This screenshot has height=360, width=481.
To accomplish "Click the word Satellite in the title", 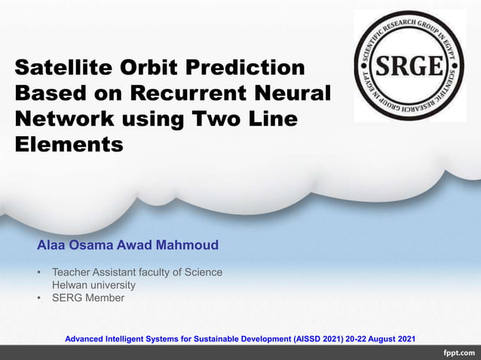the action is [x=63, y=67].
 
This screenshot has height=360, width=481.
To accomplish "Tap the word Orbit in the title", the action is [x=149, y=67].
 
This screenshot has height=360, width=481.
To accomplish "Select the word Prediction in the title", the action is [x=246, y=67].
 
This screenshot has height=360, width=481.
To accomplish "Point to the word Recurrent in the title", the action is [x=188, y=93].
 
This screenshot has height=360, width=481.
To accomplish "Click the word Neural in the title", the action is [x=293, y=93].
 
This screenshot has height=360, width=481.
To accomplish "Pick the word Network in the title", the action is [x=64, y=118].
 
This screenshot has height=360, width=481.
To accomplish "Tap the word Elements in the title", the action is [x=69, y=145].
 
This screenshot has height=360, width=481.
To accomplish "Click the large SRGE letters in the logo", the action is [x=409, y=66].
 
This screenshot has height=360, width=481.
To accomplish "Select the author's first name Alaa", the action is [x=51, y=245].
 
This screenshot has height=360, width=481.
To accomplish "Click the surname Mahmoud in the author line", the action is [x=187, y=245].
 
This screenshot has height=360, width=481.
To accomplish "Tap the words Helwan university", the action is [x=94, y=285].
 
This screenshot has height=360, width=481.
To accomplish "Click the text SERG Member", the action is [x=88, y=297].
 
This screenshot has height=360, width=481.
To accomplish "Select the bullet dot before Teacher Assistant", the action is [x=38, y=272].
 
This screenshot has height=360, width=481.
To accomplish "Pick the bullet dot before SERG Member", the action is [x=38, y=297].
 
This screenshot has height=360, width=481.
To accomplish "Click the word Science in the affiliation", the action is [x=204, y=272].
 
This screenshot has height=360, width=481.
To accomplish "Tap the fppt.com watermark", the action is [x=459, y=353].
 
